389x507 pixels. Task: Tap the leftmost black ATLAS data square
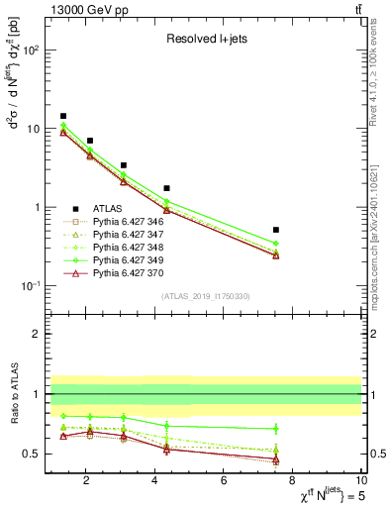(63, 116)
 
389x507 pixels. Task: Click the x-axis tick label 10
(361, 481)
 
